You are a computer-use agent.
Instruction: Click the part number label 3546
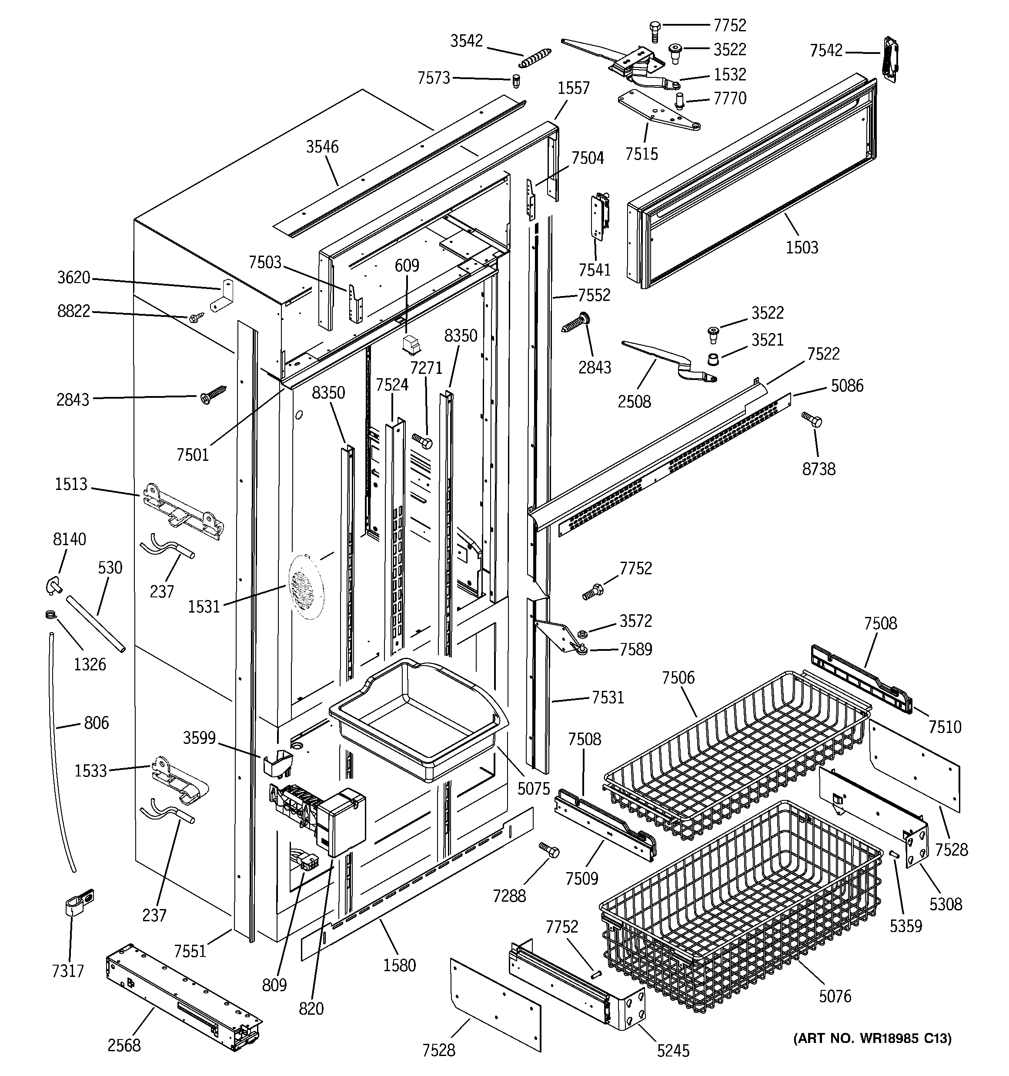tap(322, 147)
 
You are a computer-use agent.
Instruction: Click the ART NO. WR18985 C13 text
tap(872, 1038)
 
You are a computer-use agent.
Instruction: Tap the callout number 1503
tap(802, 248)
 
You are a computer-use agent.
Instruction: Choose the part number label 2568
tap(124, 1045)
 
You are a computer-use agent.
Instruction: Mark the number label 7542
tap(826, 51)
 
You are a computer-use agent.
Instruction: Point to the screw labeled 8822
tap(197, 317)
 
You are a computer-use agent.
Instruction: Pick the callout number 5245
tap(673, 1050)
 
